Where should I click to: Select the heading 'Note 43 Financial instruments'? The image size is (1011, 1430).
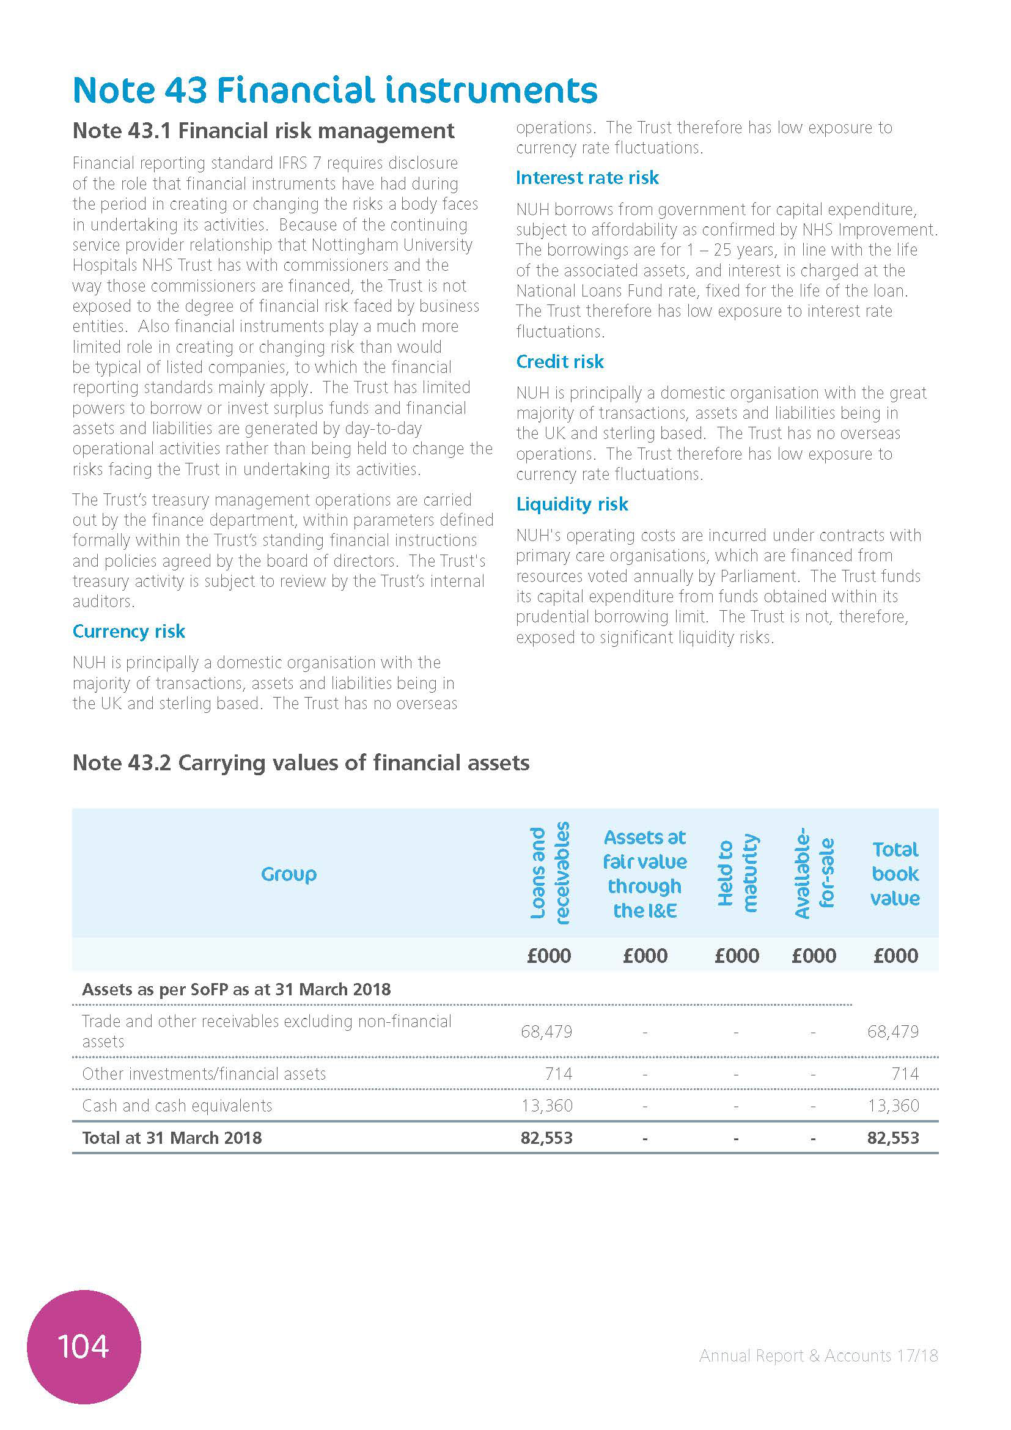click(x=335, y=90)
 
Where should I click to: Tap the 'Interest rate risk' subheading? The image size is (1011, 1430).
click(x=587, y=178)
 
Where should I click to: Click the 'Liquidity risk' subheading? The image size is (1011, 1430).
click(x=572, y=504)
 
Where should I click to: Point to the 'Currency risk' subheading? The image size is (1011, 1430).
click(x=129, y=632)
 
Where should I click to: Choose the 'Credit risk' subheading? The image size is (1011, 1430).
click(x=560, y=362)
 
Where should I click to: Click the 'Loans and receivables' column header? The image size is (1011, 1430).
click(x=550, y=873)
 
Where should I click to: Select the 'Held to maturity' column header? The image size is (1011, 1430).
click(x=737, y=873)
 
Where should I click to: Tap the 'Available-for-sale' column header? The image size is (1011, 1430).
click(x=814, y=873)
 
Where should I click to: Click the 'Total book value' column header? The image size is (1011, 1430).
click(x=895, y=874)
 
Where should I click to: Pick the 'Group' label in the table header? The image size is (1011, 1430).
click(x=289, y=874)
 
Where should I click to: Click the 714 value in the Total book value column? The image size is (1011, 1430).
click(x=905, y=1074)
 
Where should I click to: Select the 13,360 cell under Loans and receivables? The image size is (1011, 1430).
click(x=546, y=1105)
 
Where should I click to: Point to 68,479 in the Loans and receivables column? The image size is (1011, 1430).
click(x=546, y=1031)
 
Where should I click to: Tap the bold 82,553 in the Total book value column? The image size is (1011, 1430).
click(x=892, y=1138)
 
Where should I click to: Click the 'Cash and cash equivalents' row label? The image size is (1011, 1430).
click(x=177, y=1105)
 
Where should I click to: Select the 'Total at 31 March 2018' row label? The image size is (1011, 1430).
click(x=172, y=1138)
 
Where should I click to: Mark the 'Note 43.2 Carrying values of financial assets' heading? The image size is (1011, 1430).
click(x=301, y=763)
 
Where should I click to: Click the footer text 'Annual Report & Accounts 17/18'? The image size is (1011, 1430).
click(x=818, y=1356)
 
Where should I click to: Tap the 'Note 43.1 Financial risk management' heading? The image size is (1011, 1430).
click(x=263, y=131)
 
